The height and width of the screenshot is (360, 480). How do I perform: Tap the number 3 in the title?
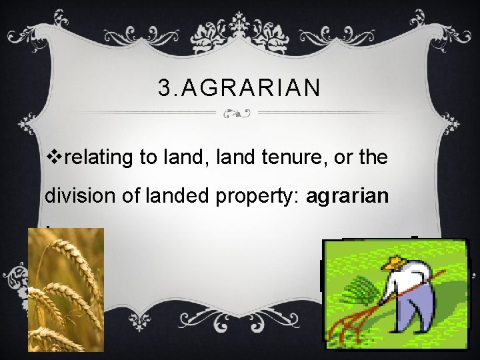pyautogui.click(x=165, y=87)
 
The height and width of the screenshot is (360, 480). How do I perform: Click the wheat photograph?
pyautogui.click(x=65, y=289)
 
